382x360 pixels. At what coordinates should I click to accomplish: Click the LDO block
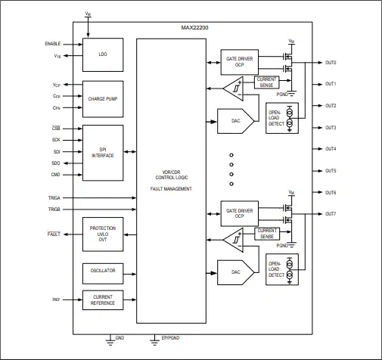click(103, 54)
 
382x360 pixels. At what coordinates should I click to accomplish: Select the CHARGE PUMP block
click(103, 99)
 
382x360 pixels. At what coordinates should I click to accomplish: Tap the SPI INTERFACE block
click(103, 153)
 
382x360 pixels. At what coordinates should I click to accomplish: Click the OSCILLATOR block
click(103, 274)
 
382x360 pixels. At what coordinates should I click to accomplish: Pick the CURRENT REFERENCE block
click(103, 300)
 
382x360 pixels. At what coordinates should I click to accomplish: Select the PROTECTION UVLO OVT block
click(103, 234)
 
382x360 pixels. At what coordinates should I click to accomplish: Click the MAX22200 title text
click(194, 28)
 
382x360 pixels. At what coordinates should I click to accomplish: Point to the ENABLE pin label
click(53, 44)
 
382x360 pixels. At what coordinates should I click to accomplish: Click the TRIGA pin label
click(54, 198)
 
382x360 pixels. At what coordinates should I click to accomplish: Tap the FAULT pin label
click(54, 234)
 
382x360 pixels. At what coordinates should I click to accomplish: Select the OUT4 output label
click(331, 149)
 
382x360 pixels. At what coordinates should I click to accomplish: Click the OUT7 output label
click(331, 214)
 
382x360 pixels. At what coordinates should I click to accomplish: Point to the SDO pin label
click(56, 163)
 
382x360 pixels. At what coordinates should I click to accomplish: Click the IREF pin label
click(56, 299)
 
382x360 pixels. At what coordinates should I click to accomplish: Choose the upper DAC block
click(236, 121)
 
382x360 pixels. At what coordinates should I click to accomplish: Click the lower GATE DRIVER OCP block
click(240, 213)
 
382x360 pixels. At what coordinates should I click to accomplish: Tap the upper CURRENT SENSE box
click(266, 82)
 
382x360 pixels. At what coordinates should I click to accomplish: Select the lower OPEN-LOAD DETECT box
click(282, 269)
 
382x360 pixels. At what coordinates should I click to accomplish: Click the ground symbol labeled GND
click(110, 340)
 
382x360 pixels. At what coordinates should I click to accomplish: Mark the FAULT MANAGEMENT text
click(171, 189)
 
